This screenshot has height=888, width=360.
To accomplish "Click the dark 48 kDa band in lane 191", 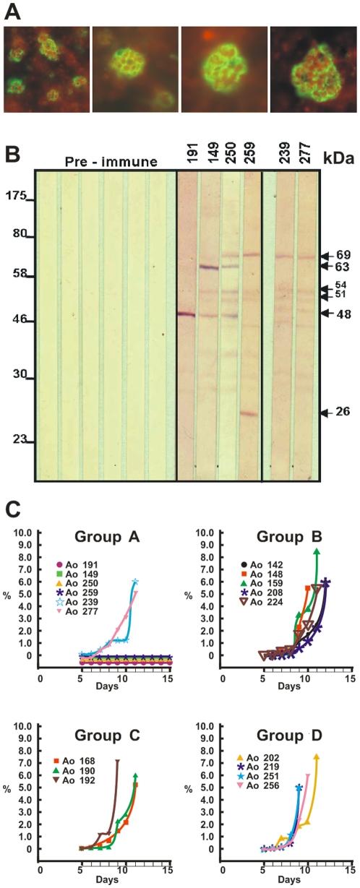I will pyautogui.click(x=187, y=314).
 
